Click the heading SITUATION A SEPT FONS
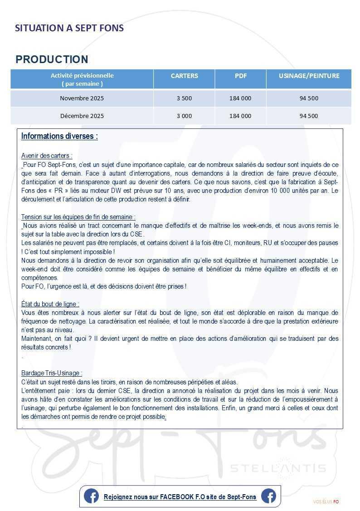[69, 28]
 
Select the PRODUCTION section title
[52, 59]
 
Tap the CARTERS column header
[184, 76]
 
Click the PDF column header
[240, 76]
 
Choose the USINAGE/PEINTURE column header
[309, 76]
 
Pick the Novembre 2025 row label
[82, 98]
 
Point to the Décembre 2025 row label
[82, 116]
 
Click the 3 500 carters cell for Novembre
[184, 98]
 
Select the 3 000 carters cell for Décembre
[184, 116]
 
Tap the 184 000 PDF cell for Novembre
[240, 98]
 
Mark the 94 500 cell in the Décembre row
[309, 116]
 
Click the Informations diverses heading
[59, 136]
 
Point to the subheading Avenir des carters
[47, 156]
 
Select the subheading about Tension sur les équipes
[78, 217]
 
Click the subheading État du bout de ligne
[50, 304]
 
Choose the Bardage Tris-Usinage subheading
[52, 373]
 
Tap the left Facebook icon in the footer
[91, 496]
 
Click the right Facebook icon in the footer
[268, 496]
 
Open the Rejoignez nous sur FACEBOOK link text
[180, 497]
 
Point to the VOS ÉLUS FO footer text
[326, 502]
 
